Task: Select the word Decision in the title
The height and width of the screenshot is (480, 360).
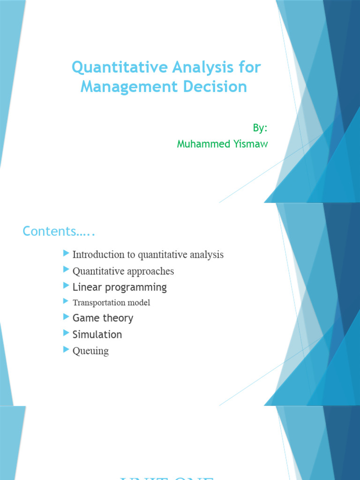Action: pyautogui.click(x=219, y=87)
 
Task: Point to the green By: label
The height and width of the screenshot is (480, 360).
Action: pyautogui.click(x=260, y=128)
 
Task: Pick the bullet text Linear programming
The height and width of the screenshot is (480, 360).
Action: pyautogui.click(x=120, y=287)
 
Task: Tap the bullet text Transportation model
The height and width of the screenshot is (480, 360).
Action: pyautogui.click(x=111, y=302)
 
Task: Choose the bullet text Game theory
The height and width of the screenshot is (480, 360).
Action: pyautogui.click(x=103, y=318)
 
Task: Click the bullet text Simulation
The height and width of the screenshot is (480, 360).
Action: pyautogui.click(x=97, y=334)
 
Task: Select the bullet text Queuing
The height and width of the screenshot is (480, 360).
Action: pyautogui.click(x=90, y=351)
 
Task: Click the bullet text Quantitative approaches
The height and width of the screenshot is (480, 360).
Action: pyautogui.click(x=123, y=271)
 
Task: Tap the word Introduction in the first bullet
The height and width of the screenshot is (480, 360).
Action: pyautogui.click(x=97, y=255)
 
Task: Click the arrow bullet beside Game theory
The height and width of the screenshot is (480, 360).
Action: pyautogui.click(x=66, y=317)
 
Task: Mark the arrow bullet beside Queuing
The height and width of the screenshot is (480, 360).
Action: pyautogui.click(x=66, y=350)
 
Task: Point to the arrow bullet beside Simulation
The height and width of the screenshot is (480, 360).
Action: pyautogui.click(x=66, y=333)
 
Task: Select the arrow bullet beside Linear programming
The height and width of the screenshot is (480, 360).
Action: pyautogui.click(x=66, y=285)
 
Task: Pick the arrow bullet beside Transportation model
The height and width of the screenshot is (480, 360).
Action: pyautogui.click(x=66, y=301)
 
